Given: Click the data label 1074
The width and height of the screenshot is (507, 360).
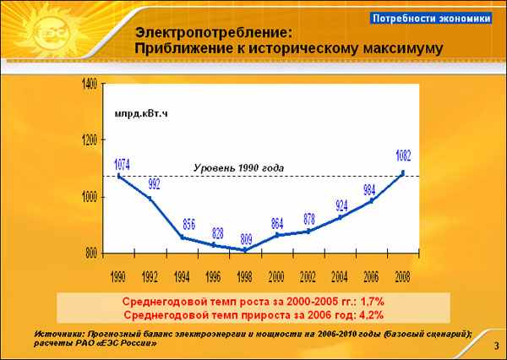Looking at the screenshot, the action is click(x=123, y=166).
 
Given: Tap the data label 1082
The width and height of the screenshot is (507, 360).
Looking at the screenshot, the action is click(x=404, y=155).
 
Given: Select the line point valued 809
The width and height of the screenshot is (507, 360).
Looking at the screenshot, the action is click(x=245, y=250).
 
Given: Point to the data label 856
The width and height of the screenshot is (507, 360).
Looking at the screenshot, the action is click(x=189, y=224).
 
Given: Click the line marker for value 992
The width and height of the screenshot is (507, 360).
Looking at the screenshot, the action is click(x=150, y=199).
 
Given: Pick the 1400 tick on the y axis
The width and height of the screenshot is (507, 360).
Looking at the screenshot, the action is click(x=90, y=85).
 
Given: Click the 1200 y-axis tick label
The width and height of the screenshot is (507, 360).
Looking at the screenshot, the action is click(x=90, y=140).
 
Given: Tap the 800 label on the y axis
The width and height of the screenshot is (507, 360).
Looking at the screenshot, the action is click(x=91, y=254).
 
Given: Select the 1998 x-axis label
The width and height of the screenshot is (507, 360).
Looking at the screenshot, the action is click(x=244, y=277).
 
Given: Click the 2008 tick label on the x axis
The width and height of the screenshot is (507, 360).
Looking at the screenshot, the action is click(x=402, y=277).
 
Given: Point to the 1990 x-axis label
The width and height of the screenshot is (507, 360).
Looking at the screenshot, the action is click(x=118, y=277).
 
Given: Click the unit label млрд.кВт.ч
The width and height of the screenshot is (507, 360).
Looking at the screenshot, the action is click(x=141, y=114).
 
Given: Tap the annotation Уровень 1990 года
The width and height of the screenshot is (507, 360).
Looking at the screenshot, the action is click(x=239, y=168).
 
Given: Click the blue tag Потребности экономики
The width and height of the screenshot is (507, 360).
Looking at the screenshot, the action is click(x=431, y=19).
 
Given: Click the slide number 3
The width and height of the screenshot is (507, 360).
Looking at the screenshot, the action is click(x=497, y=346).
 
